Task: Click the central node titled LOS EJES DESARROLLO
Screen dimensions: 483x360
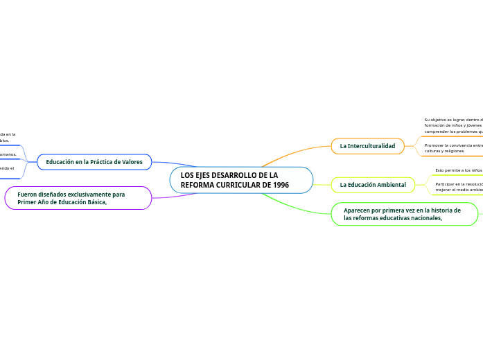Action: (241, 180)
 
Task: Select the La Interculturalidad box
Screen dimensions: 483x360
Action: (367, 146)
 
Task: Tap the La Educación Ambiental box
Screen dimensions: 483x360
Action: (373, 185)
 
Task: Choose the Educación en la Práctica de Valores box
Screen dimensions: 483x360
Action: (94, 162)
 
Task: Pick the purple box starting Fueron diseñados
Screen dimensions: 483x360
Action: (78, 198)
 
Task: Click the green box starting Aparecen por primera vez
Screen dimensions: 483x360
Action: (405, 214)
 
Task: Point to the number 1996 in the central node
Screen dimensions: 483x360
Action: (281, 186)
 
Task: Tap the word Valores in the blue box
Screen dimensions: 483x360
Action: (130, 162)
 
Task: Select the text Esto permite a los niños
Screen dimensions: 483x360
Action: (458, 170)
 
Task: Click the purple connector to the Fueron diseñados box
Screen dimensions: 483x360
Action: (173, 196)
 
